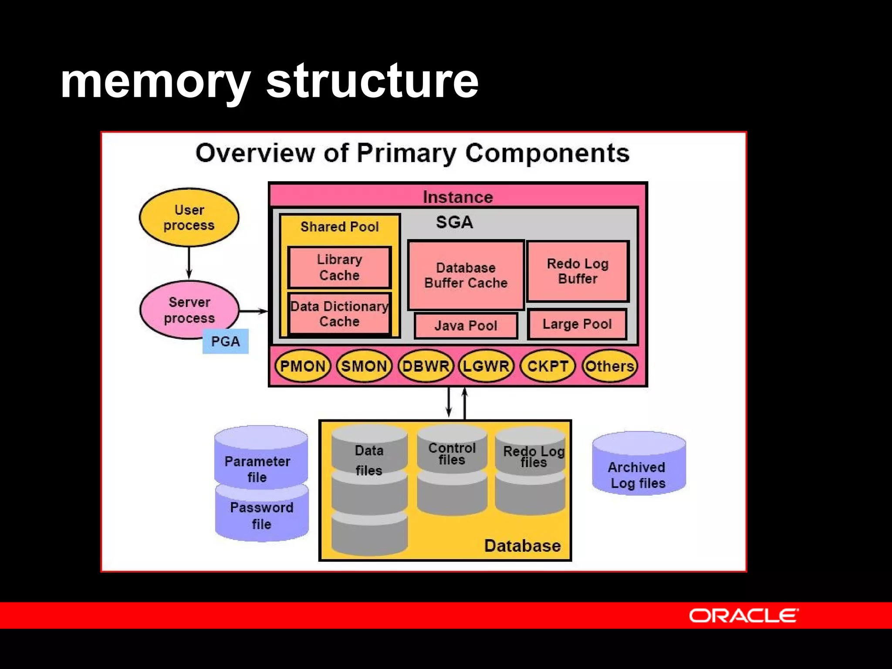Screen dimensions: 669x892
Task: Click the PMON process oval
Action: pyautogui.click(x=303, y=366)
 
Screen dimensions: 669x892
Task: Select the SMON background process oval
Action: pyautogui.click(x=364, y=366)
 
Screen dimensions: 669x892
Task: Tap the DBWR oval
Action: pyautogui.click(x=426, y=366)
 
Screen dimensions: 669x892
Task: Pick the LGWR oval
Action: pyautogui.click(x=486, y=366)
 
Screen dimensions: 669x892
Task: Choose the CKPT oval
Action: pyautogui.click(x=547, y=366)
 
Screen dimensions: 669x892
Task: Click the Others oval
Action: pyautogui.click(x=609, y=366)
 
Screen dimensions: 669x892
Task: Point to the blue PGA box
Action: pyautogui.click(x=225, y=341)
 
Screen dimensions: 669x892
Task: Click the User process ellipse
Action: pyautogui.click(x=189, y=217)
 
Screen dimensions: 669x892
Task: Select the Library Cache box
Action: pyautogui.click(x=339, y=267)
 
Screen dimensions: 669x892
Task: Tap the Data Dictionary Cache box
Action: pyautogui.click(x=339, y=314)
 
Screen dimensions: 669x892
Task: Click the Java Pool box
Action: pyautogui.click(x=466, y=325)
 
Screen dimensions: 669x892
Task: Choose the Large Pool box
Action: pyautogui.click(x=577, y=324)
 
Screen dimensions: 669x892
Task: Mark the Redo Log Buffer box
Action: pyautogui.click(x=578, y=271)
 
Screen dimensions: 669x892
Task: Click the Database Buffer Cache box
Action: pyautogui.click(x=466, y=275)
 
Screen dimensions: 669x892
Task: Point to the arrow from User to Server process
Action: pyautogui.click(x=189, y=263)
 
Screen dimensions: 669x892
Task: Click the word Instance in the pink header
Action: pyautogui.click(x=458, y=197)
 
